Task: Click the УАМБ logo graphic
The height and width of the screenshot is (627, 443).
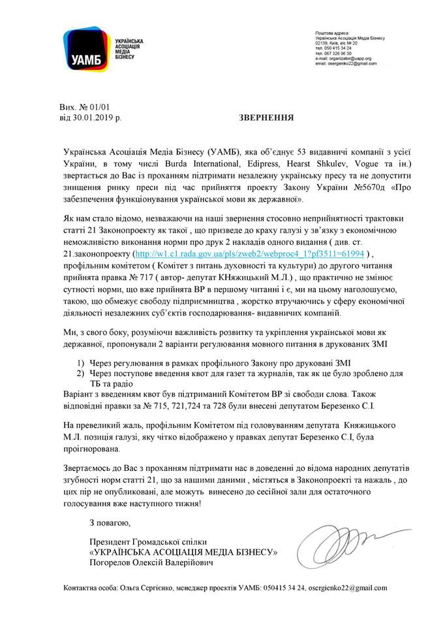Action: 87,48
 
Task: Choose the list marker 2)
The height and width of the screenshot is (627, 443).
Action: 80,372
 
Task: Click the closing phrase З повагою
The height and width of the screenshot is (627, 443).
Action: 110,523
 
